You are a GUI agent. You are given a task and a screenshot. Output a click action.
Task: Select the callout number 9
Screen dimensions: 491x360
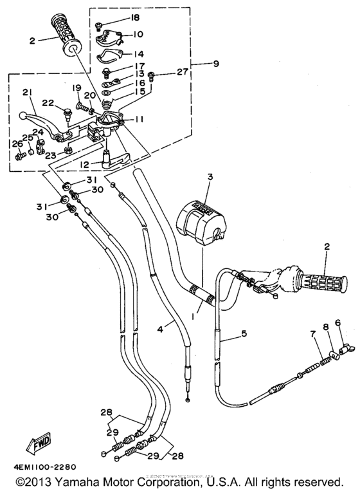(x=216, y=64)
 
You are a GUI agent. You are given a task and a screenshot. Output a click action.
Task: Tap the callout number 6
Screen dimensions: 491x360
(x=337, y=323)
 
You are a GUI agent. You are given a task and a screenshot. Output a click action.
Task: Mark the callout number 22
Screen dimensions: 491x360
(x=48, y=104)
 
